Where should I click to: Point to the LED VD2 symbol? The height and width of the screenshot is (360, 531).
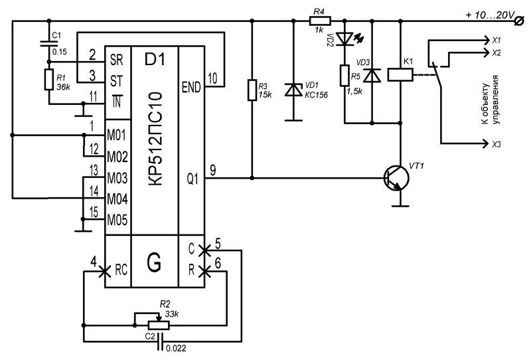(344, 39)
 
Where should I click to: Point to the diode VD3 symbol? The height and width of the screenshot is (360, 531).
(372, 75)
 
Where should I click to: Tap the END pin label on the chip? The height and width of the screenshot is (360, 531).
(190, 86)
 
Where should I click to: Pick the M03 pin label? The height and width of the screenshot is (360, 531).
(117, 178)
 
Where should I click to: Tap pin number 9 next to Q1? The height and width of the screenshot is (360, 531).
(212, 169)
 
